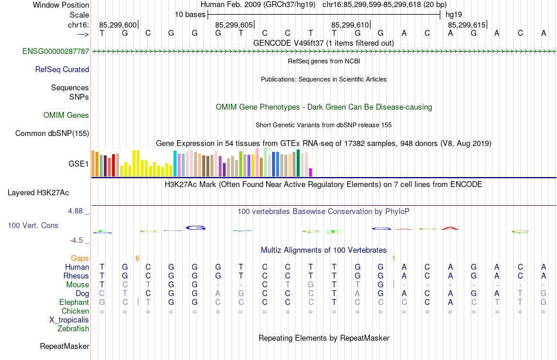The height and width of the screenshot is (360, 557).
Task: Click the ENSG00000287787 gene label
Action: pos(56,52)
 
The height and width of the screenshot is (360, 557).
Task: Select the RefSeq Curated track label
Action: pos(62,70)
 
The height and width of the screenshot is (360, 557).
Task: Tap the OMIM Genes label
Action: pos(66,116)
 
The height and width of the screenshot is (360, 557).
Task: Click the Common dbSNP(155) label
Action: pos(52,134)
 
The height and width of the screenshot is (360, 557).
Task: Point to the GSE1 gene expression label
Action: pos(79,164)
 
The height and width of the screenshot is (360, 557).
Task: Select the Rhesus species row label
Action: pos(77,276)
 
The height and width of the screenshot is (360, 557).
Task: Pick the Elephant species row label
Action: pos(74,303)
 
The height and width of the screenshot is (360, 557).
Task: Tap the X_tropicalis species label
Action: pos(69,320)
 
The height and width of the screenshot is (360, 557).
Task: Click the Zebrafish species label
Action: pos(73,329)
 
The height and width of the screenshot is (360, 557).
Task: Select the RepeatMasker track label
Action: pos(64,347)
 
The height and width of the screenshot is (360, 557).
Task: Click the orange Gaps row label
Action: pos(80,259)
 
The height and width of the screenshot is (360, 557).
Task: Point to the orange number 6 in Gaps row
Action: pos(137,258)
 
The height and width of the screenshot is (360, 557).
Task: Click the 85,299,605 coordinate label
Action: pos(234,25)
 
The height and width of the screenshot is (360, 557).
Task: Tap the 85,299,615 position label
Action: pos(466,25)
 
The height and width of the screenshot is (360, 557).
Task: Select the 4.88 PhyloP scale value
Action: pos(77,210)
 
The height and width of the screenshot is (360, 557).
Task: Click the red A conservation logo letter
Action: pos(450,227)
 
